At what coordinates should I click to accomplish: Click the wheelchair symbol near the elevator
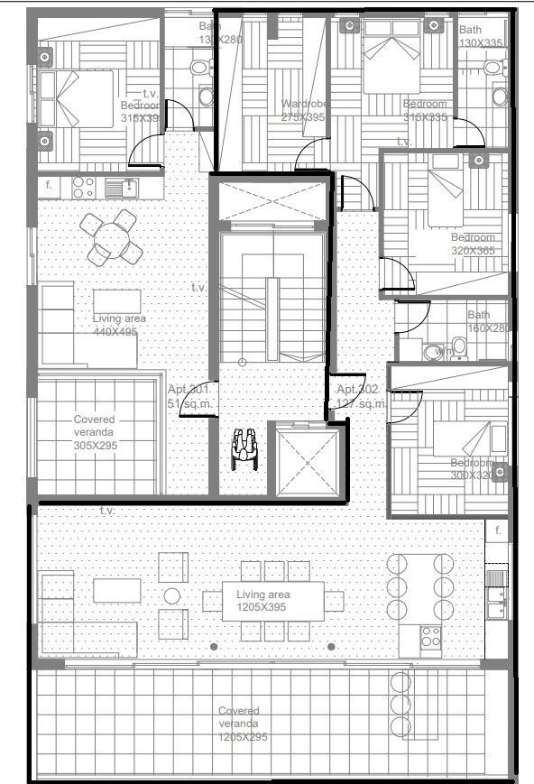point(244,447)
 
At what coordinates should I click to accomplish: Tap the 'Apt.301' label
point(189,396)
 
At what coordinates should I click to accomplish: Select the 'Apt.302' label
point(357,396)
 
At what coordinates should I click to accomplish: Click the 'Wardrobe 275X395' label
point(302,110)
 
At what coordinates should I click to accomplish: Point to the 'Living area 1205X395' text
point(262,602)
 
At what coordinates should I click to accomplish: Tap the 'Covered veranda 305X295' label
point(95,432)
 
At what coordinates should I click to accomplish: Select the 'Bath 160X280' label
point(488,321)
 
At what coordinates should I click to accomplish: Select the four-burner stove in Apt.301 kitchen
point(84,187)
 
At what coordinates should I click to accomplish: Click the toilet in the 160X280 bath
point(459,346)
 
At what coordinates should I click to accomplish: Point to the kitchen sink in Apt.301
point(118,187)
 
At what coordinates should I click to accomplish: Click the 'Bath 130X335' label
point(481,36)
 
